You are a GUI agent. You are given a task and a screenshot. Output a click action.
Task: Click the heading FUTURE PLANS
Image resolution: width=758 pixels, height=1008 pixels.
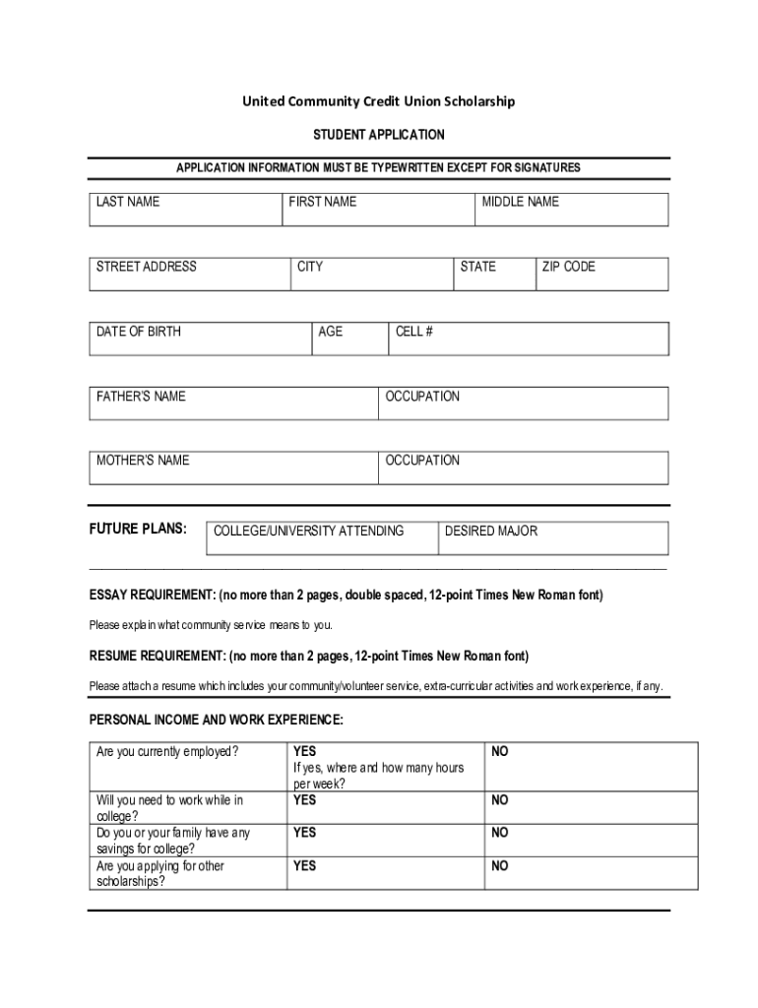click(138, 529)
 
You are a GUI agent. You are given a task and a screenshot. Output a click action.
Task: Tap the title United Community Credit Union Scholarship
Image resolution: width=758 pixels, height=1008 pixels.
click(379, 101)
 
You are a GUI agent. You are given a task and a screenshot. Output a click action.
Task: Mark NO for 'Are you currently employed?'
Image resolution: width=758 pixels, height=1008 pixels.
click(500, 752)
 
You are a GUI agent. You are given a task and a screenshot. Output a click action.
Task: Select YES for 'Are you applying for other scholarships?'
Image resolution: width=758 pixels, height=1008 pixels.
click(304, 866)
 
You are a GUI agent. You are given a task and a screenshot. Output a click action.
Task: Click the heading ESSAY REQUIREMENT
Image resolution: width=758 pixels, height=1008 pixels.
click(152, 596)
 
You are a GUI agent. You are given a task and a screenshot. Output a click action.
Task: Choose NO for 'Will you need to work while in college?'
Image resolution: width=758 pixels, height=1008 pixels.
click(500, 800)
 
